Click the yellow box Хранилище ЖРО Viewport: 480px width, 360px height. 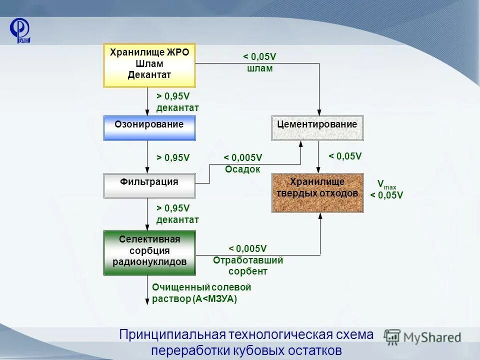tap(149, 65)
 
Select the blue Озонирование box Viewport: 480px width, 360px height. tap(149, 128)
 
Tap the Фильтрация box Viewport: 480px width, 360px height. tap(149, 185)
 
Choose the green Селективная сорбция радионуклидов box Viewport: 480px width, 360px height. tap(149, 252)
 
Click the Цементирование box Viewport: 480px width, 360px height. tap(317, 128)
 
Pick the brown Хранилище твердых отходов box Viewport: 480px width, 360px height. tap(317, 192)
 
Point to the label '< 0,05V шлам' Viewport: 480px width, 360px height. tap(259, 63)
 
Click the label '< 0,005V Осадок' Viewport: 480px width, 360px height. tap(242, 163)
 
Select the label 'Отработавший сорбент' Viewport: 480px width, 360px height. tap(248, 266)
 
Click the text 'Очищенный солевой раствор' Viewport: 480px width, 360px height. tap(201, 293)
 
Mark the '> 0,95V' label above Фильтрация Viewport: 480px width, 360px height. tap(173, 157)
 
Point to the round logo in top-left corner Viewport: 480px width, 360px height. tap(20, 29)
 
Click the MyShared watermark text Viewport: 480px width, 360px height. tap(432, 337)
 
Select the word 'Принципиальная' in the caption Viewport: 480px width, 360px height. tap(172, 335)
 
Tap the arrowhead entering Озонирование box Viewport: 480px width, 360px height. tap(147, 112)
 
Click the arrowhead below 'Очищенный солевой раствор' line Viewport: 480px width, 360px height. tap(147, 300)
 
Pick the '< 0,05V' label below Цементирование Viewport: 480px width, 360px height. tap(345, 156)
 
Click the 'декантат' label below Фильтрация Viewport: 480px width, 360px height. tap(177, 219)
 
